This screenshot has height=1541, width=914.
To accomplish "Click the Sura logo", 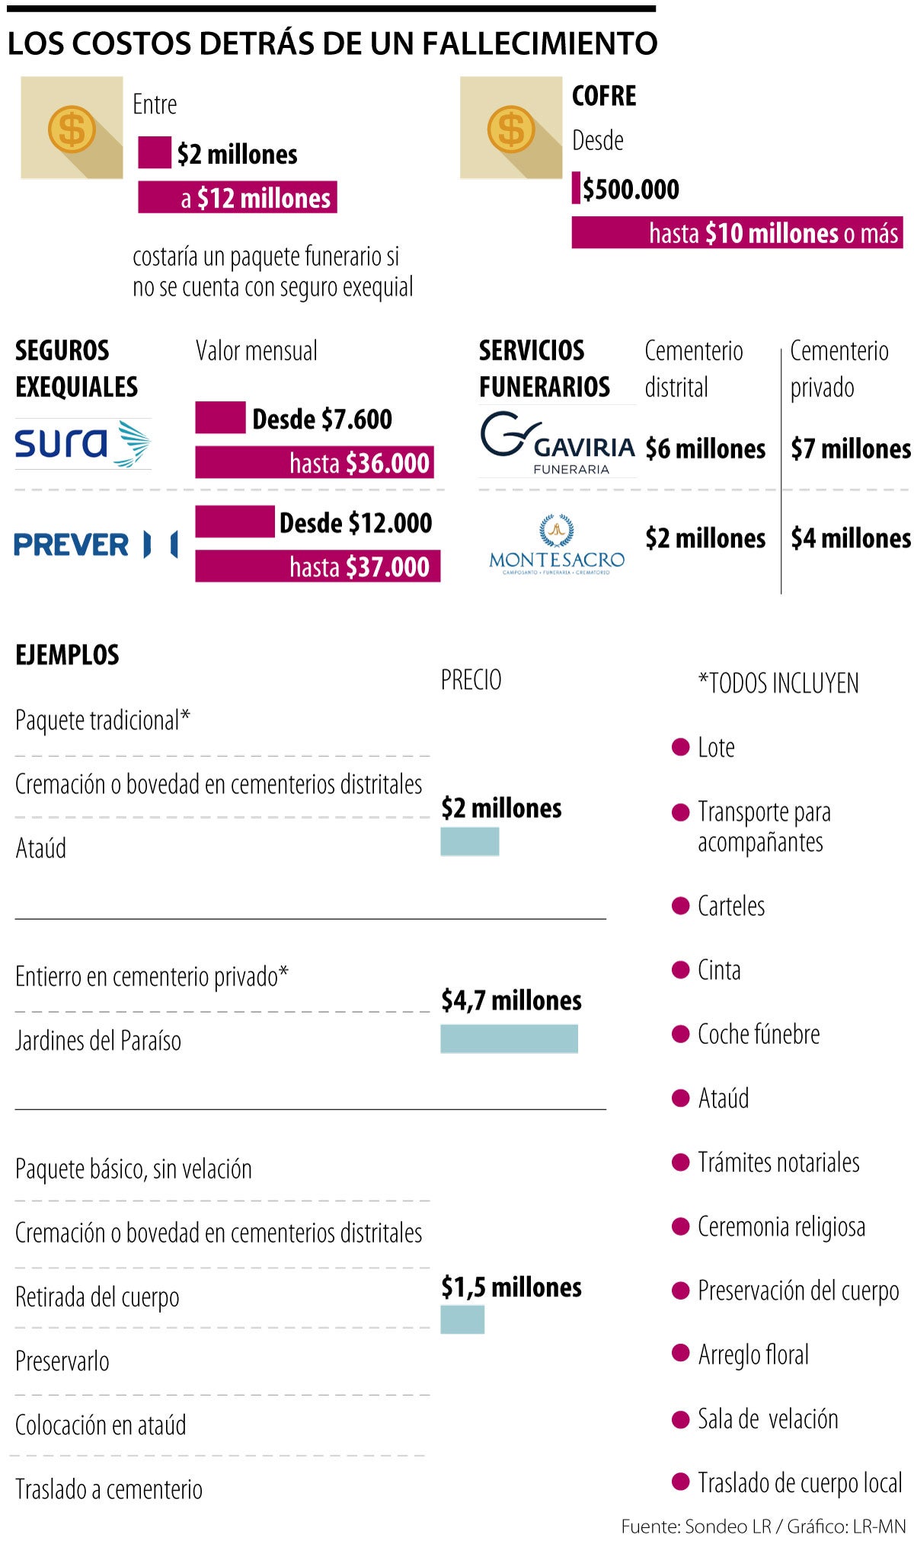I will (82, 443).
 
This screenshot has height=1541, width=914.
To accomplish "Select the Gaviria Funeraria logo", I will (558, 442).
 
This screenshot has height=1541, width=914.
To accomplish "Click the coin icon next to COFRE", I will (511, 128).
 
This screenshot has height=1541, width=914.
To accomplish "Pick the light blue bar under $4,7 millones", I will (509, 1038).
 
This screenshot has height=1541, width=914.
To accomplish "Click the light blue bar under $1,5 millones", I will (462, 1319).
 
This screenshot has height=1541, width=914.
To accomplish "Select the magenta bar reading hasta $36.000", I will (315, 463).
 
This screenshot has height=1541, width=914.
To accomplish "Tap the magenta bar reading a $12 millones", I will (238, 197).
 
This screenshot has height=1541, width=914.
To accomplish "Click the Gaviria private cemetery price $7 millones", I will (850, 448).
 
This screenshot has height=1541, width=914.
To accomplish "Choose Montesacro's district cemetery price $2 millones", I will (705, 538).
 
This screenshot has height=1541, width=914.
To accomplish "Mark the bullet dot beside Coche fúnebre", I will (680, 1034).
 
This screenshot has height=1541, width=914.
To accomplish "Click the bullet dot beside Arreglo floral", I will (680, 1354).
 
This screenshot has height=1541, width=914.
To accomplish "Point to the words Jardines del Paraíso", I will (98, 1041).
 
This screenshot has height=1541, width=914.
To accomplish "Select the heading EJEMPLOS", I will (67, 655).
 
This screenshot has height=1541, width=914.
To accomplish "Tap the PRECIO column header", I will (471, 680).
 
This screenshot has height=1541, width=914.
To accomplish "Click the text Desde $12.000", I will (355, 523).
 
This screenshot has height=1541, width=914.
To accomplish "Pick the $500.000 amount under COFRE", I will (631, 189).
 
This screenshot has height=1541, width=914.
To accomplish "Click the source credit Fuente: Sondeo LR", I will (695, 1526).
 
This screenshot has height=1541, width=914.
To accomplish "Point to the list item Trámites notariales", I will (778, 1163).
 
